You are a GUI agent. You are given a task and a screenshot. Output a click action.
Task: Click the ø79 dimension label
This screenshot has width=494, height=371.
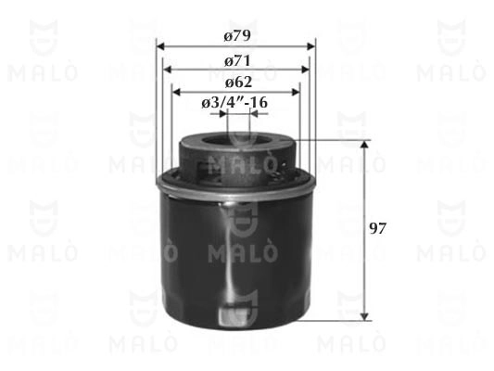237,35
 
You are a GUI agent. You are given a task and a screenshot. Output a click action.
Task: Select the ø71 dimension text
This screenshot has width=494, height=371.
237,61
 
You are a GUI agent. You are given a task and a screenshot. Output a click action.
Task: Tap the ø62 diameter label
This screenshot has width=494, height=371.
238,83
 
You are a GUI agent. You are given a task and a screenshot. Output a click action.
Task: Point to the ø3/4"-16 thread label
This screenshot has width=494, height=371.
234,102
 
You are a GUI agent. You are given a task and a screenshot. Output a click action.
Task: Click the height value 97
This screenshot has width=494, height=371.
377,228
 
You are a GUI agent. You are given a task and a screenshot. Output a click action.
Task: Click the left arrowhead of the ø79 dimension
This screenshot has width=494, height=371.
160,46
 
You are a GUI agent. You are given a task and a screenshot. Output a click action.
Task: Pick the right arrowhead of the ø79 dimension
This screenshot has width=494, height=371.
311,46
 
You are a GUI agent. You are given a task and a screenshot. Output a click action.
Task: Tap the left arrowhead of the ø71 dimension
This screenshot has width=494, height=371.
167,70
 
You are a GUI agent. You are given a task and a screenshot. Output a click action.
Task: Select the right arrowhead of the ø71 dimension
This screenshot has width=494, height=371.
305,70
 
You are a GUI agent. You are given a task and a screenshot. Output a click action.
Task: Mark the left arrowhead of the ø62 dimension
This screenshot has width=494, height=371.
176,92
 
